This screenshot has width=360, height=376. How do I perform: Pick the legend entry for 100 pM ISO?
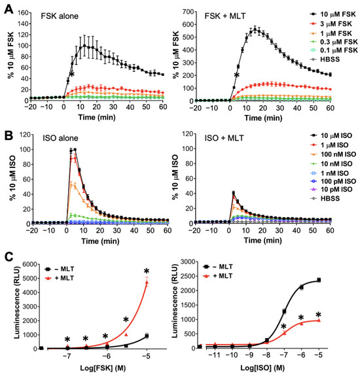(x=334, y=184)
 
